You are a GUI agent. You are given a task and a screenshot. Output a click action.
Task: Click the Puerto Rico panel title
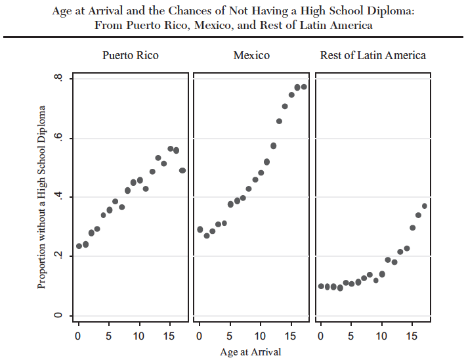[130, 55]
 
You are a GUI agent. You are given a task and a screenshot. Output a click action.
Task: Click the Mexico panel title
[251, 55]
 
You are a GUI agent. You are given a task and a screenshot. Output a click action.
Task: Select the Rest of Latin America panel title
[373, 55]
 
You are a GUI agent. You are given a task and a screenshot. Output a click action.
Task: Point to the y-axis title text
[42, 196]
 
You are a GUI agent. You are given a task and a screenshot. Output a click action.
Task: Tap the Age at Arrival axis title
[250, 351]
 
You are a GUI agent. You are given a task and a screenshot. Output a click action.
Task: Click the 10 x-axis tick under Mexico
[260, 336]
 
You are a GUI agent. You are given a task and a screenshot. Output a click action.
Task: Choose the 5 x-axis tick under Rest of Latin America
[351, 336]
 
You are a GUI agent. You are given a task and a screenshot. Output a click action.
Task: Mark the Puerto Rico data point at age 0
[79, 246]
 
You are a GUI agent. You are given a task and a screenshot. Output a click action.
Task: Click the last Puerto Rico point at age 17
[182, 170]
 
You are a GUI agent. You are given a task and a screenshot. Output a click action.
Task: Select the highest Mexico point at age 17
[304, 87]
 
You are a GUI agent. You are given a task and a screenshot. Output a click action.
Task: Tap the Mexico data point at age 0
[200, 229]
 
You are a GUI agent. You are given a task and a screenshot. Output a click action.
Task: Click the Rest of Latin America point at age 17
[425, 206]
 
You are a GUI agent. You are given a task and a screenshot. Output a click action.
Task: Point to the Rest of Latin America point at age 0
[321, 286]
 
